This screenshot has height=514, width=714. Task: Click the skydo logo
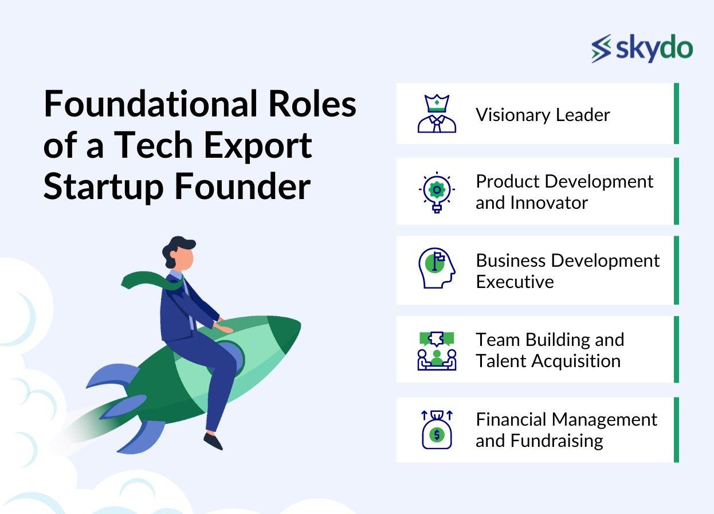pos(642,48)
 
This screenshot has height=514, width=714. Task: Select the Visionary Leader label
pos(542,115)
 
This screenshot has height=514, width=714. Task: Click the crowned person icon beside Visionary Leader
pos(437,114)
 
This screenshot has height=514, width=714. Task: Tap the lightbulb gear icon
pos(437,192)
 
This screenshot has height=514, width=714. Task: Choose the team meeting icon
pos(437,350)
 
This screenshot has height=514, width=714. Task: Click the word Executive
pos(514,282)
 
